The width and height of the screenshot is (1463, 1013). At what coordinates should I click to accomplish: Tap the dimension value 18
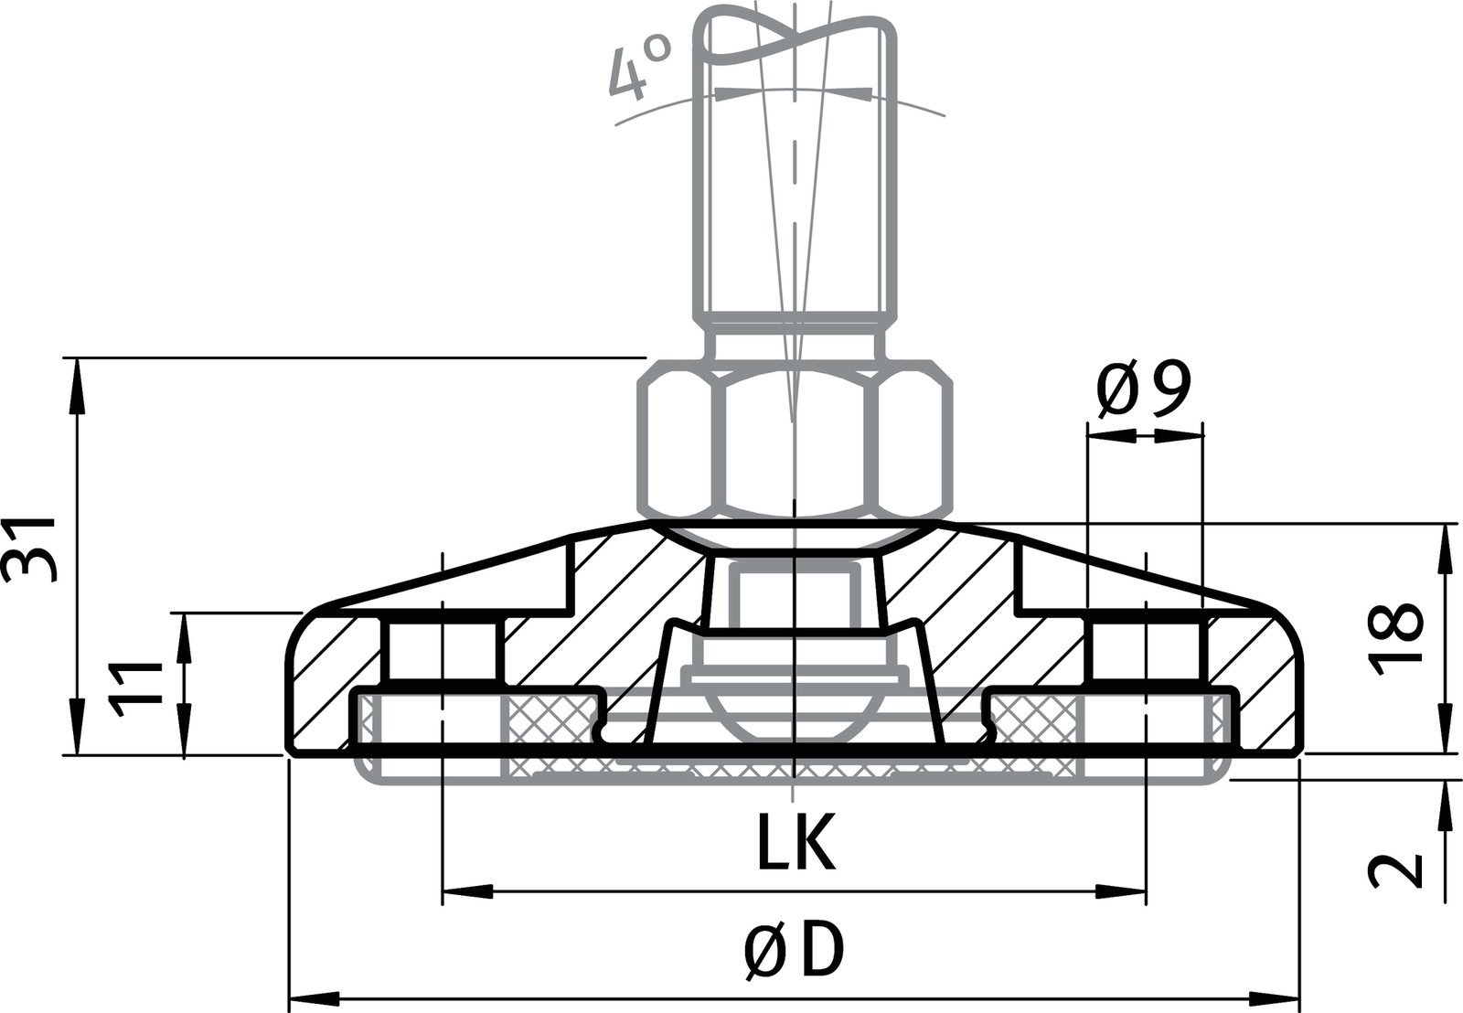click(1398, 637)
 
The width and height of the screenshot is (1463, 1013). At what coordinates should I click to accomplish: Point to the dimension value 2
click(1398, 869)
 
